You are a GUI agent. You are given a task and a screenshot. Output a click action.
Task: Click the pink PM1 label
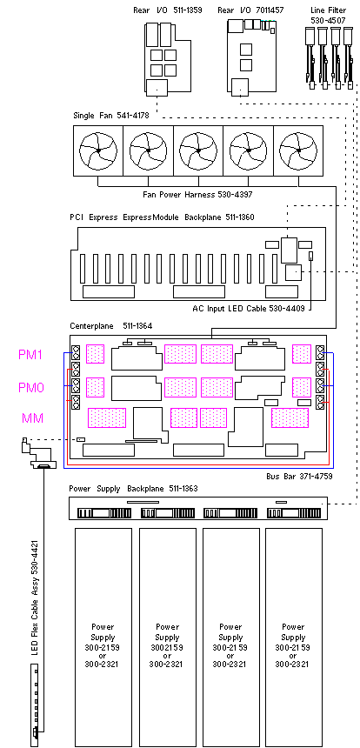pyautogui.click(x=31, y=355)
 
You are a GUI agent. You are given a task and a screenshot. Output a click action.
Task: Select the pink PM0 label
pyautogui.click(x=31, y=387)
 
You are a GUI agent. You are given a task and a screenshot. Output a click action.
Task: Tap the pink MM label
pyautogui.click(x=32, y=418)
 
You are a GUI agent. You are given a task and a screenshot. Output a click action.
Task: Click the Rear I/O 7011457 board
pyautogui.click(x=251, y=56)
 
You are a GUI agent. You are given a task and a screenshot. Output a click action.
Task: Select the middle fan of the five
pyautogui.click(x=198, y=150)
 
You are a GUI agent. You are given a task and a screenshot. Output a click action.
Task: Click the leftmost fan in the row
pyautogui.click(x=97, y=150)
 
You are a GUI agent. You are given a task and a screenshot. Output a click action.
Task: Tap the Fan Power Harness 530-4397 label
pyautogui.click(x=197, y=194)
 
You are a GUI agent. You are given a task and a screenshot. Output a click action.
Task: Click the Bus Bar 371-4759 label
pyautogui.click(x=299, y=476)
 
